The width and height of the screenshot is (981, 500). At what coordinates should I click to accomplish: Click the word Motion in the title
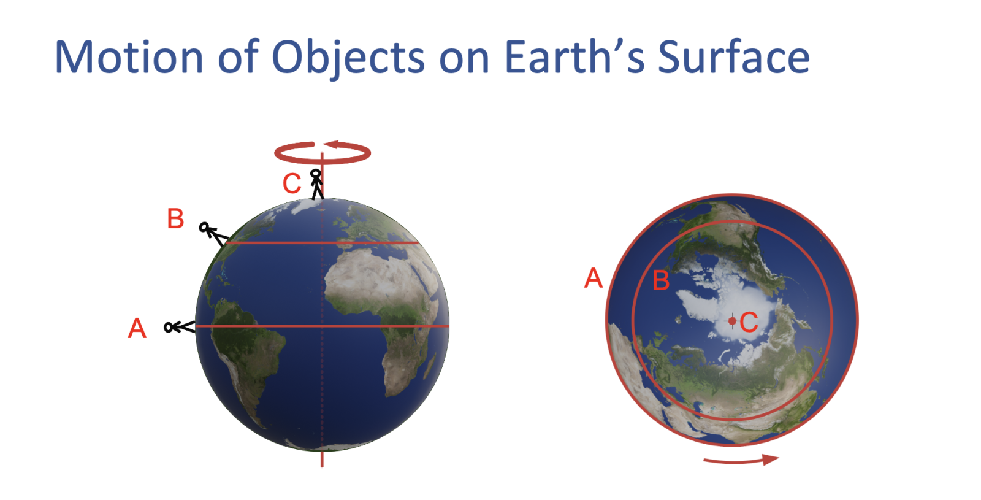(129, 57)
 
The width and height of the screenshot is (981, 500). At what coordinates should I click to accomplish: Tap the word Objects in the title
(349, 59)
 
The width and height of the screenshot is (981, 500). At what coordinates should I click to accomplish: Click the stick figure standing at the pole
(316, 185)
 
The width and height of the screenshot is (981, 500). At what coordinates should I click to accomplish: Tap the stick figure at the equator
(180, 327)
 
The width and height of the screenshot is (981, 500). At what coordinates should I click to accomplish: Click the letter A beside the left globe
(137, 328)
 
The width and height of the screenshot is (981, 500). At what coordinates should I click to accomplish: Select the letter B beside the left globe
(175, 218)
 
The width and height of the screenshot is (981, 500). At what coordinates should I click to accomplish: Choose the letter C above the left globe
(292, 183)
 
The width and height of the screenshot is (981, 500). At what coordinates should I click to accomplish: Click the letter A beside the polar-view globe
(594, 277)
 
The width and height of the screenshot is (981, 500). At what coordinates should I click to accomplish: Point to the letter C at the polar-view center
(749, 322)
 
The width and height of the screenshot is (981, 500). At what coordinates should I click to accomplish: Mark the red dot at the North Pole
(732, 321)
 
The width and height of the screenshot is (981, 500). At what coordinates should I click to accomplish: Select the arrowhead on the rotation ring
(332, 145)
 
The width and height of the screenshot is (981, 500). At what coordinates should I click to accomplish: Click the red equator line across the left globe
(323, 326)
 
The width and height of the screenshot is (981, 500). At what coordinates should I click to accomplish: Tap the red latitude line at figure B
(323, 242)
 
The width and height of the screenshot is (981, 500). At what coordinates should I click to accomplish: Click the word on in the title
(464, 61)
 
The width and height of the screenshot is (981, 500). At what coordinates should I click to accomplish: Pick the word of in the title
(239, 57)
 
